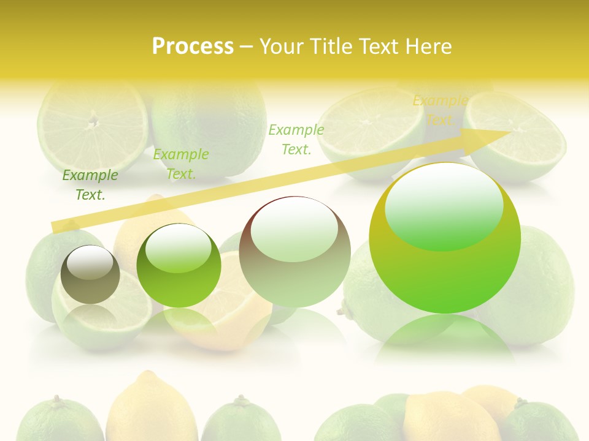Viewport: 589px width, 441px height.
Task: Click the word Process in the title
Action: (x=193, y=46)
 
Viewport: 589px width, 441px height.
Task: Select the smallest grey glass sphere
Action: (x=90, y=274)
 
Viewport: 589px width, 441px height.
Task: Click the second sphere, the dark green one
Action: (x=179, y=266)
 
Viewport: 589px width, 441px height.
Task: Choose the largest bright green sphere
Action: (x=445, y=238)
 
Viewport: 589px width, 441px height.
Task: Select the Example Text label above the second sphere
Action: (x=181, y=164)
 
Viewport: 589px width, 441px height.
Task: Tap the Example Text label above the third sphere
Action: (x=296, y=139)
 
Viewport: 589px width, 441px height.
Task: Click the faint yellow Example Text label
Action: (x=440, y=110)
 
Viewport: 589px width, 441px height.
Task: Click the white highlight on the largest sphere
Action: (x=444, y=205)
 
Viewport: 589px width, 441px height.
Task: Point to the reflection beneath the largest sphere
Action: (x=445, y=337)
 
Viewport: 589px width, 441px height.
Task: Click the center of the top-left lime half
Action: (x=93, y=121)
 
